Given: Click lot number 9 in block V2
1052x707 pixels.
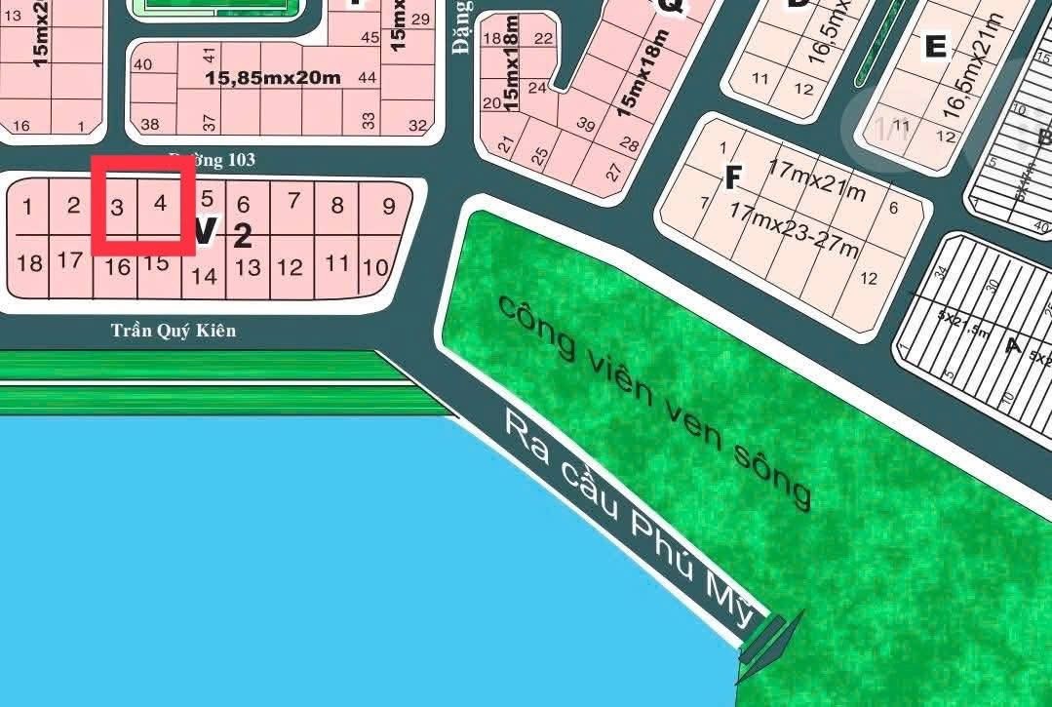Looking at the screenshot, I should (x=389, y=206).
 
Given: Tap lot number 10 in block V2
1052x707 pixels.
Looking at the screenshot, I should (x=374, y=266).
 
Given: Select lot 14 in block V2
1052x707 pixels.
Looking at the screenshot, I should (x=204, y=276).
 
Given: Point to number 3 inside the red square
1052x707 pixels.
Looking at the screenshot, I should (x=117, y=207).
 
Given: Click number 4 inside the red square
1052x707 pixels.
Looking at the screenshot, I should (x=161, y=204).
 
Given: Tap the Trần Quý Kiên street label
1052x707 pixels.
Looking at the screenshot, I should (x=173, y=331).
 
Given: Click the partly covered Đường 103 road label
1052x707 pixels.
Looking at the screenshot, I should (x=212, y=159).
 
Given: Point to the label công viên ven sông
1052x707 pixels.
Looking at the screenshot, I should (x=654, y=400).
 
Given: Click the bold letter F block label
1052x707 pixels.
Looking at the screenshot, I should (x=734, y=177).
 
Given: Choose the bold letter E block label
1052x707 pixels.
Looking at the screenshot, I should (x=936, y=46).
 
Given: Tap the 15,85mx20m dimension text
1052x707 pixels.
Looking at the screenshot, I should (x=273, y=77).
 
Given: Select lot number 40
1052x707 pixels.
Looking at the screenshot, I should (x=142, y=64).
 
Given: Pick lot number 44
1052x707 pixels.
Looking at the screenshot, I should (x=368, y=77).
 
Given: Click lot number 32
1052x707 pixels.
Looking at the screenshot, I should (x=418, y=125).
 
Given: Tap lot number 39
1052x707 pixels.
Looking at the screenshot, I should (x=586, y=124).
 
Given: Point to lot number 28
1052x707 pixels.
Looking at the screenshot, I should (x=629, y=145).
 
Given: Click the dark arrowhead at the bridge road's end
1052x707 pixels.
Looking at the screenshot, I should (x=786, y=633).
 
